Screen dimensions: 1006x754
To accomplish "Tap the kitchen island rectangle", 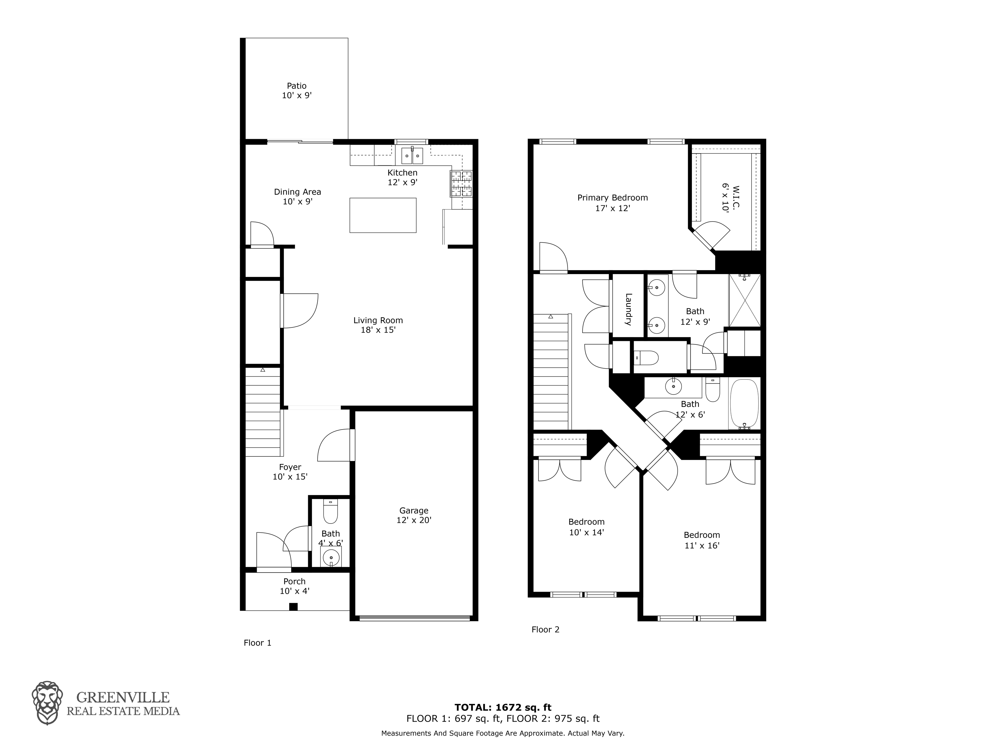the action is tap(383, 215).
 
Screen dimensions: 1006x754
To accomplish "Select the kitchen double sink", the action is tap(412, 156).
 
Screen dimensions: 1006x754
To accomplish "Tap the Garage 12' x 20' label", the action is tap(414, 515).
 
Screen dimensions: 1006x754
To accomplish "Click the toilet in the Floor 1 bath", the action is tap(330, 512).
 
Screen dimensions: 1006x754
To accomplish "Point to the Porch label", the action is tap(294, 581).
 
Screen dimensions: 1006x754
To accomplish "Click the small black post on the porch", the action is tap(293, 607).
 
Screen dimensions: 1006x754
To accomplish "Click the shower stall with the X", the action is tap(744, 300).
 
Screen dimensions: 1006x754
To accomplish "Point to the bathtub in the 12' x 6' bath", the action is tap(744, 404).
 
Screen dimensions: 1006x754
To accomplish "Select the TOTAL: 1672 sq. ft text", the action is tap(503, 707).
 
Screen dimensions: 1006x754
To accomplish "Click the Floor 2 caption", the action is tap(545, 629).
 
